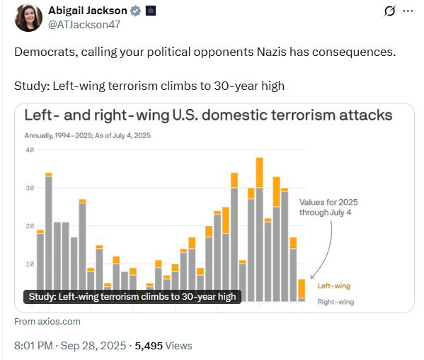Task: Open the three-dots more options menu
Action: click(407, 11)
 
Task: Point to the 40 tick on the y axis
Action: click(30, 150)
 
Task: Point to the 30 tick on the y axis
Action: click(30, 188)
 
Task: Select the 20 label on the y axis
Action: click(30, 226)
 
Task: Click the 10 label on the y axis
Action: click(30, 264)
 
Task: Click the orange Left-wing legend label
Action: click(334, 286)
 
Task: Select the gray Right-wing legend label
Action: click(336, 302)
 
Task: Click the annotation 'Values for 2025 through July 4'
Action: click(328, 207)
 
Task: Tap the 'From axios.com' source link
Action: click(47, 322)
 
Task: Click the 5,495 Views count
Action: click(164, 346)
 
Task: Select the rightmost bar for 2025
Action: click(302, 291)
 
